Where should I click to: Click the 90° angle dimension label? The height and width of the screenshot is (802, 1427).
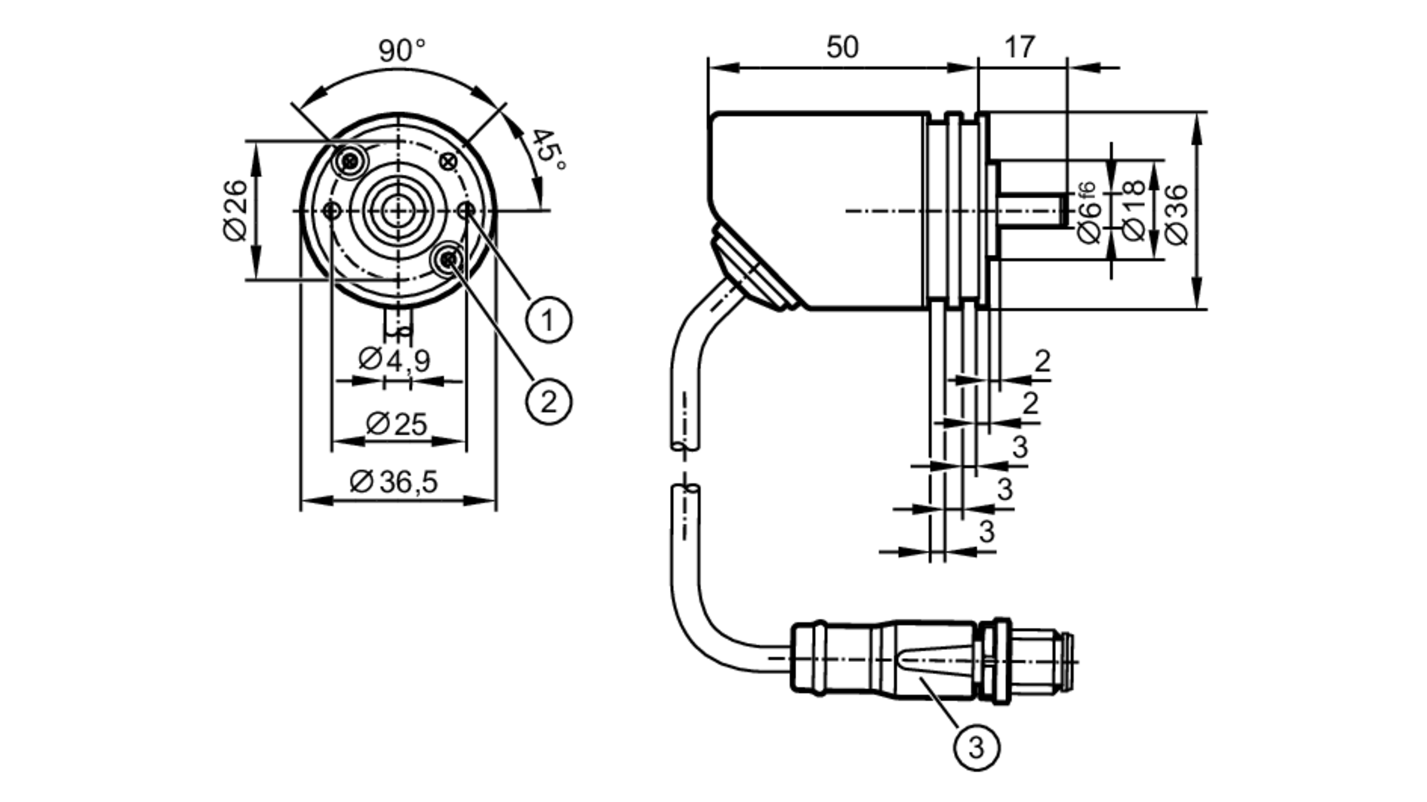coord(402,51)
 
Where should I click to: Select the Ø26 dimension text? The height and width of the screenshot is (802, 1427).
coord(235,211)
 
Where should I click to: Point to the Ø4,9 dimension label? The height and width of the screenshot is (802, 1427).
coord(394,360)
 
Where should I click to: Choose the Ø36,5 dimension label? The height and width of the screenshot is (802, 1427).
coord(393,482)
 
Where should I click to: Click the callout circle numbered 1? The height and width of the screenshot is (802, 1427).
coord(549,320)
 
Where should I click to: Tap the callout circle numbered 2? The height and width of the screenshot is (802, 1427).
coord(549,402)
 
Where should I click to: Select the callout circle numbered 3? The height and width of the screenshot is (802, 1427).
coord(976,747)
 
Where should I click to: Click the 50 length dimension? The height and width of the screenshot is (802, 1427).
coord(842,47)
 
